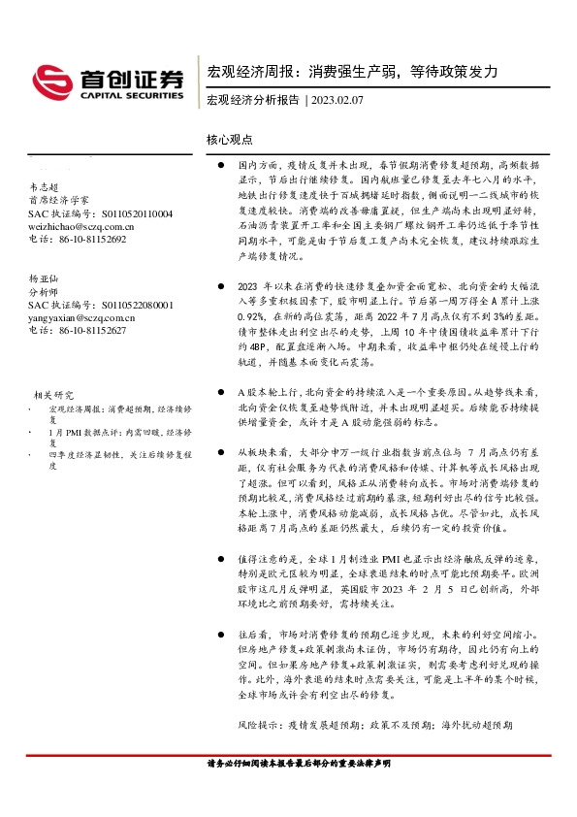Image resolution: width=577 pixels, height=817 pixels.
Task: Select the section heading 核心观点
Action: click(230, 139)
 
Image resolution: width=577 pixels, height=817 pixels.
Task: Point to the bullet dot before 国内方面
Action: click(221, 167)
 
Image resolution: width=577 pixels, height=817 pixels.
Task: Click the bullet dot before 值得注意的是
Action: click(221, 561)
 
